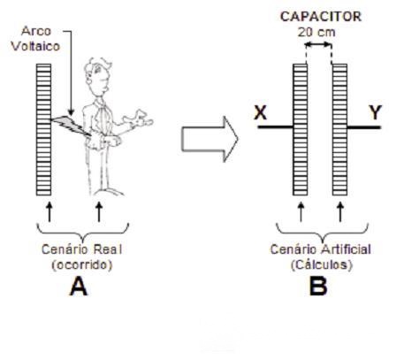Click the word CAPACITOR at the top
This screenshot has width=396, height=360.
coord(321,17)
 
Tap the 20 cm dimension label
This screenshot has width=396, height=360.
coord(316,32)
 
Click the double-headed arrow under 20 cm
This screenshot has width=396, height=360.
coord(318,45)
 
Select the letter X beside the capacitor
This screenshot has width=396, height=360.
coord(261,112)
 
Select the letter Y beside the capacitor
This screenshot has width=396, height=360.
coord(375,112)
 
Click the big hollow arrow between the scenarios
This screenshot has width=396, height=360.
coord(209,139)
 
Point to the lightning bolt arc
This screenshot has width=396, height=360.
coord(71,126)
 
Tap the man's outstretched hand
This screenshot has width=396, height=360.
coord(139,119)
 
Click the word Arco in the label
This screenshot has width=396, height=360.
coord(36,31)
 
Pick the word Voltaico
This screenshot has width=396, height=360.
coord(35,46)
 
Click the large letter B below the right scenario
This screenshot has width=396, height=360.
coord(318,287)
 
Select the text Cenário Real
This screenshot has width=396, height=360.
coord(81,249)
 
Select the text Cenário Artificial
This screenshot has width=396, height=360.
coord(321,249)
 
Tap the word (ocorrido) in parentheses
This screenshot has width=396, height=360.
coord(82,264)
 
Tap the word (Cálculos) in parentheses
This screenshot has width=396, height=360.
coord(322,264)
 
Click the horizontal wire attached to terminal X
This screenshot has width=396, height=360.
coord(276,127)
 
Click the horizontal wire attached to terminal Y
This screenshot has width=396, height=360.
coord(364,127)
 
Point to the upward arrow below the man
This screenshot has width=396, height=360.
coord(99,211)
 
